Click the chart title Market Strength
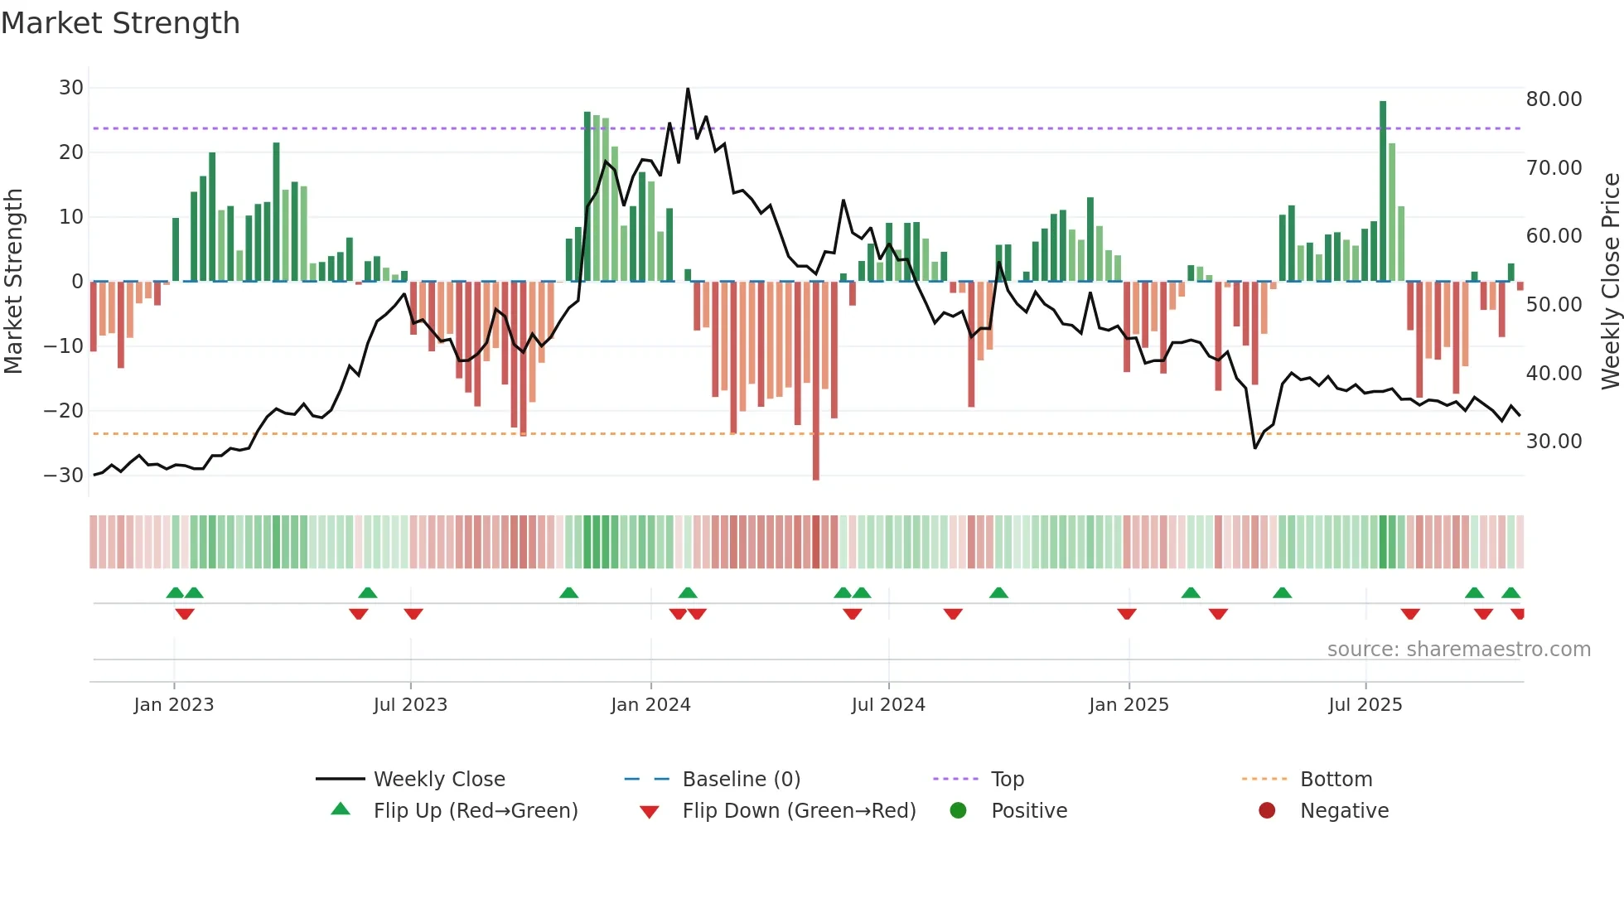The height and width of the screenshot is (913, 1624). (120, 23)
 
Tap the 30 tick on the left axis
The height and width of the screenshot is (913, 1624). (71, 88)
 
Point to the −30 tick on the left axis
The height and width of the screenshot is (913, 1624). (64, 476)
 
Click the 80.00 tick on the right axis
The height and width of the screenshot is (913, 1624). (1554, 99)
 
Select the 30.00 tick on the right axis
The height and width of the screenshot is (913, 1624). (1554, 442)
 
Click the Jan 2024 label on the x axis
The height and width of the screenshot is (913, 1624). (650, 705)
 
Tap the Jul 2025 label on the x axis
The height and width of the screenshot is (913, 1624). (1365, 705)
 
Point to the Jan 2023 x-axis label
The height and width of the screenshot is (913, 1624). (174, 705)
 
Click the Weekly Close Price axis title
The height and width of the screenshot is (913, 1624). (1610, 282)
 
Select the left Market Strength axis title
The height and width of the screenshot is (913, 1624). (14, 282)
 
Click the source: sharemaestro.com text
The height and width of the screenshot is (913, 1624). (1458, 650)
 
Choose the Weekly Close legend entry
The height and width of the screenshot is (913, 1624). (439, 780)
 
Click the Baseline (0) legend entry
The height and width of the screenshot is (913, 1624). (741, 780)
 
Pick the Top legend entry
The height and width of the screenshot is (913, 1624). (1008, 780)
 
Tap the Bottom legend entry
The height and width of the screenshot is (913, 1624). (1336, 780)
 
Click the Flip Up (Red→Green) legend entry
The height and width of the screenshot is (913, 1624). (475, 811)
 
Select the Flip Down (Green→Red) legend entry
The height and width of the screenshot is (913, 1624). (799, 811)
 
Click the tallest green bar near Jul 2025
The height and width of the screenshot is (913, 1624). (1383, 191)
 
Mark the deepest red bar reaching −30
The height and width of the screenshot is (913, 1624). (816, 381)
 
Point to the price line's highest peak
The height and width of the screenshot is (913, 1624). (688, 89)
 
